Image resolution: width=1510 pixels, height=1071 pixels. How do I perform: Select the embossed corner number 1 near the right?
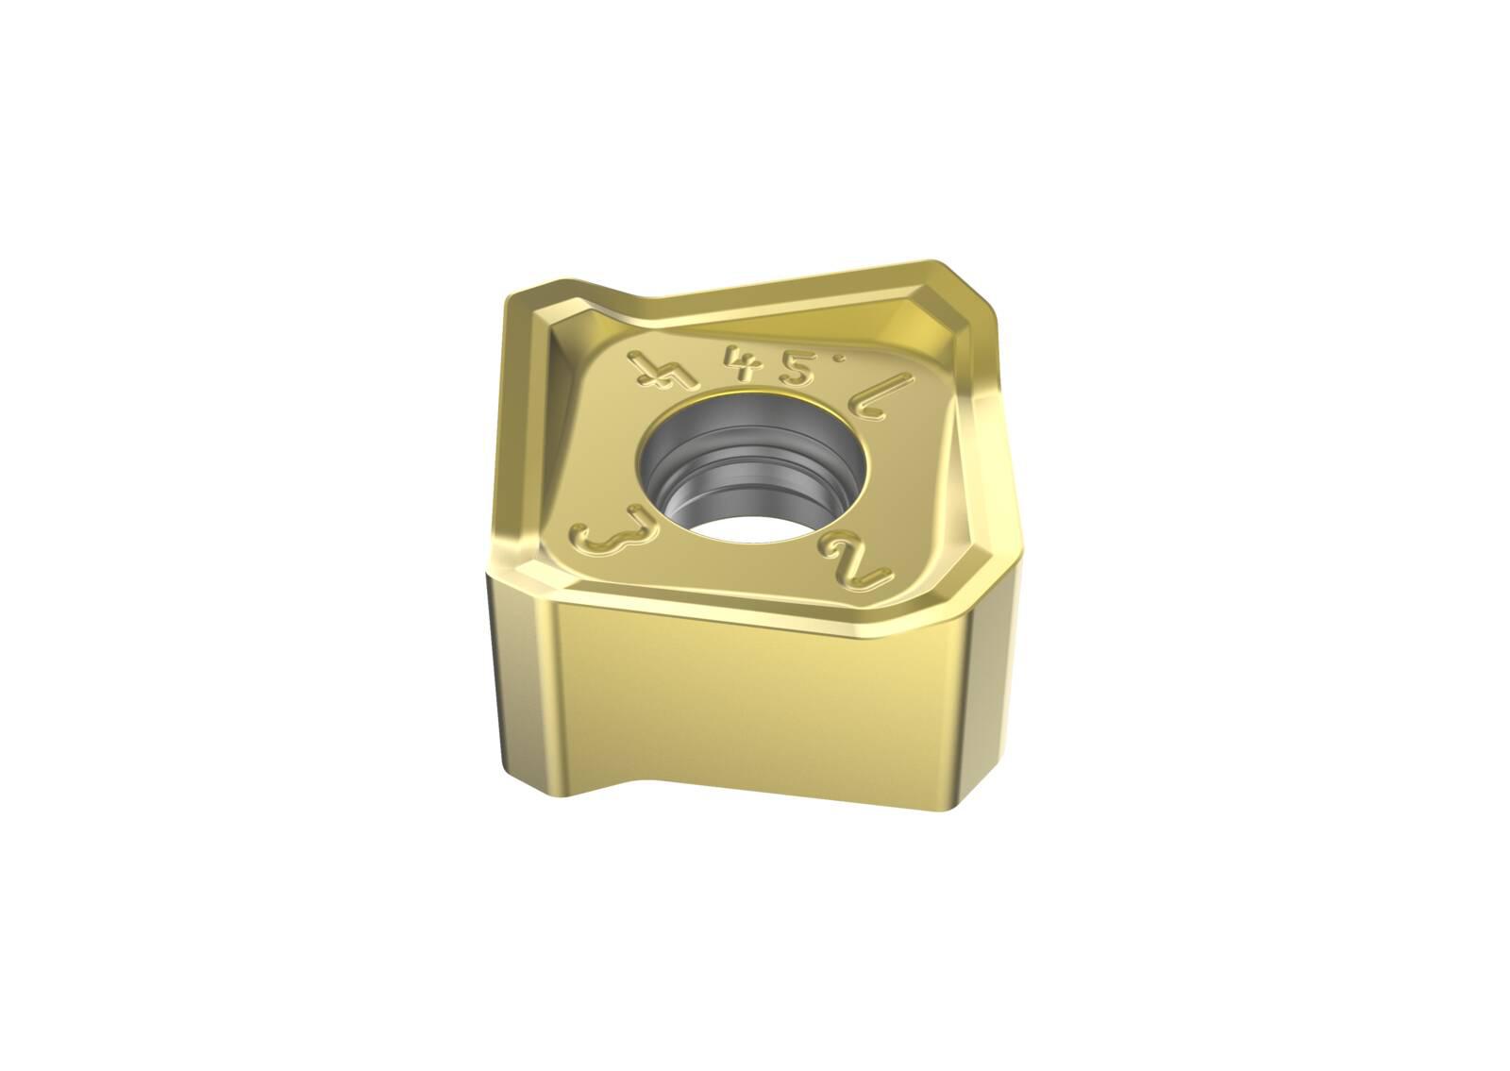[871, 400]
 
